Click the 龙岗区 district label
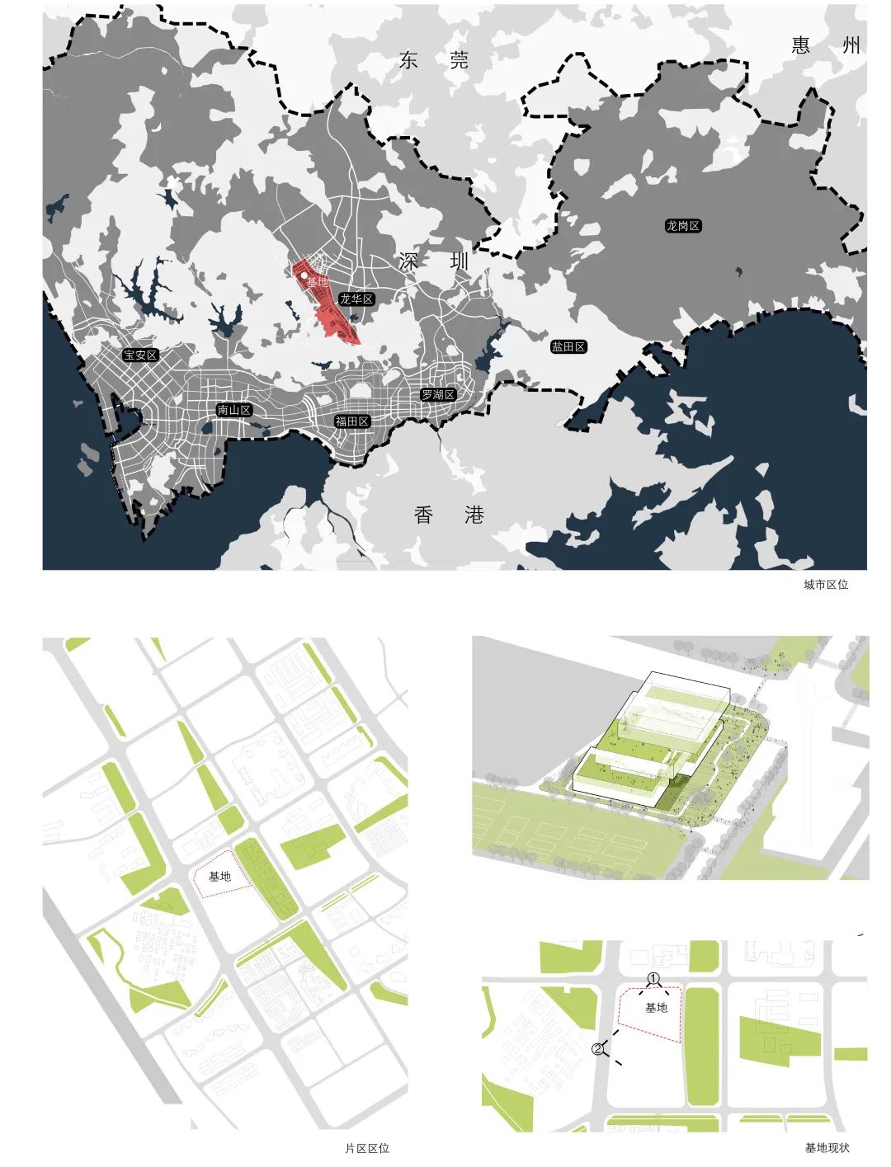[682, 225]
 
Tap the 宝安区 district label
[140, 355]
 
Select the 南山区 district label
[233, 410]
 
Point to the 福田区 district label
[352, 421]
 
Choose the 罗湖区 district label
[437, 395]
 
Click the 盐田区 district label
[568, 347]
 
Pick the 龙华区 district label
[357, 299]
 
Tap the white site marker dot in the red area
[304, 275]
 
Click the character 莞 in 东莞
[458, 60]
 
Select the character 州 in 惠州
[851, 45]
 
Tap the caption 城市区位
[826, 585]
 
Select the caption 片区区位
[367, 1148]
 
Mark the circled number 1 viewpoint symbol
[653, 978]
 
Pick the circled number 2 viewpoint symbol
[598, 1049]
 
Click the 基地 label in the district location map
[219, 877]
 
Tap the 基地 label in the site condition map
[656, 1008]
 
